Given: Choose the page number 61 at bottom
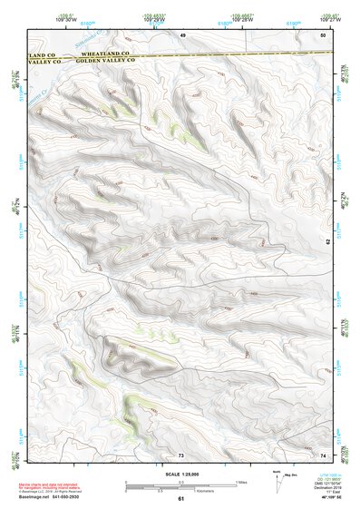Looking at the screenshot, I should coord(180,499).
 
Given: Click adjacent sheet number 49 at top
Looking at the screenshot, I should coord(181,34).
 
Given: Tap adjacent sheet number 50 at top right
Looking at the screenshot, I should coord(322,34).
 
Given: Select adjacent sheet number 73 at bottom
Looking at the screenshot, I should coord(180,453).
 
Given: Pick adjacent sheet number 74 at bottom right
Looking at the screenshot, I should coord(323,453).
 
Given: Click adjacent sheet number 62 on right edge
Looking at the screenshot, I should coord(327,241).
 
